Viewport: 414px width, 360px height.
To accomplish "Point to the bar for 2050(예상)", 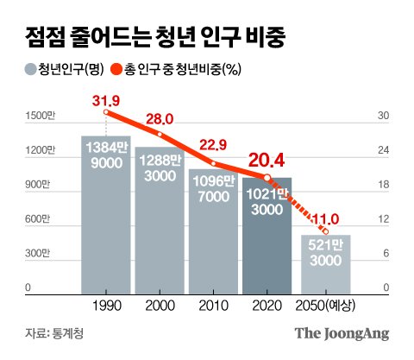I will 325,264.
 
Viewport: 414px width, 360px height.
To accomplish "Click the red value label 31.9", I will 106,100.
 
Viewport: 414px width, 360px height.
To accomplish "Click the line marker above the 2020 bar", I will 267,178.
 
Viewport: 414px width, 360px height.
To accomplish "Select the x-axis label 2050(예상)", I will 325,307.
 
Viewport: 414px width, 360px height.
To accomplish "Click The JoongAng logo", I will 342,332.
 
